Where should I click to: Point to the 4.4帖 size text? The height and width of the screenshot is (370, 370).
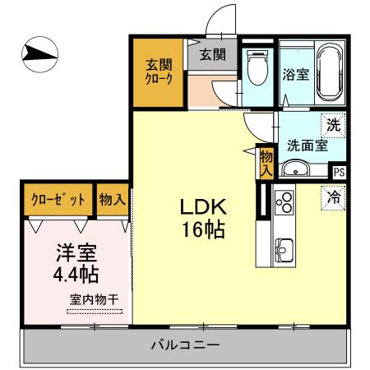76,273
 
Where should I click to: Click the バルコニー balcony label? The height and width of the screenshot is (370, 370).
184,344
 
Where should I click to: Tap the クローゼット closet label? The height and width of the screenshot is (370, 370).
56,199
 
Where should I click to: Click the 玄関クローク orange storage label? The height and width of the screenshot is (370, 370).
159,72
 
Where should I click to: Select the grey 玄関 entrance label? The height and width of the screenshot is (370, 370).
212,55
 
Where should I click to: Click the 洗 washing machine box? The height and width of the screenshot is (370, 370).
333,126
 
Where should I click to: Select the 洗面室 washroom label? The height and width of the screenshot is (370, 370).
308,146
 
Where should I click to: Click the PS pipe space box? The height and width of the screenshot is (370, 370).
339,173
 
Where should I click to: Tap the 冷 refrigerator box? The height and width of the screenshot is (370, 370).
334,197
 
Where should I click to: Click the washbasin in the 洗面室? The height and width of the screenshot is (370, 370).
294,169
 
